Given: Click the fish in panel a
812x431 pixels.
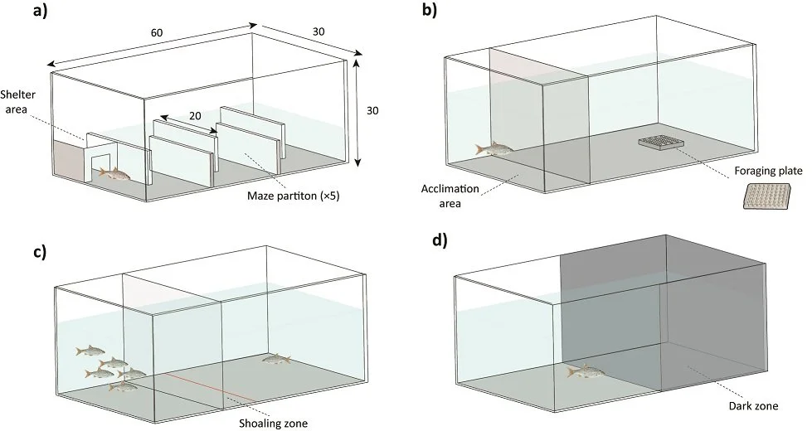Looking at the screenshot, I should [x=115, y=173].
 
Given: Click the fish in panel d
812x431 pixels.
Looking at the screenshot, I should [x=586, y=372].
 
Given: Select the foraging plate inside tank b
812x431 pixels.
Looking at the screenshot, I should [x=661, y=143].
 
